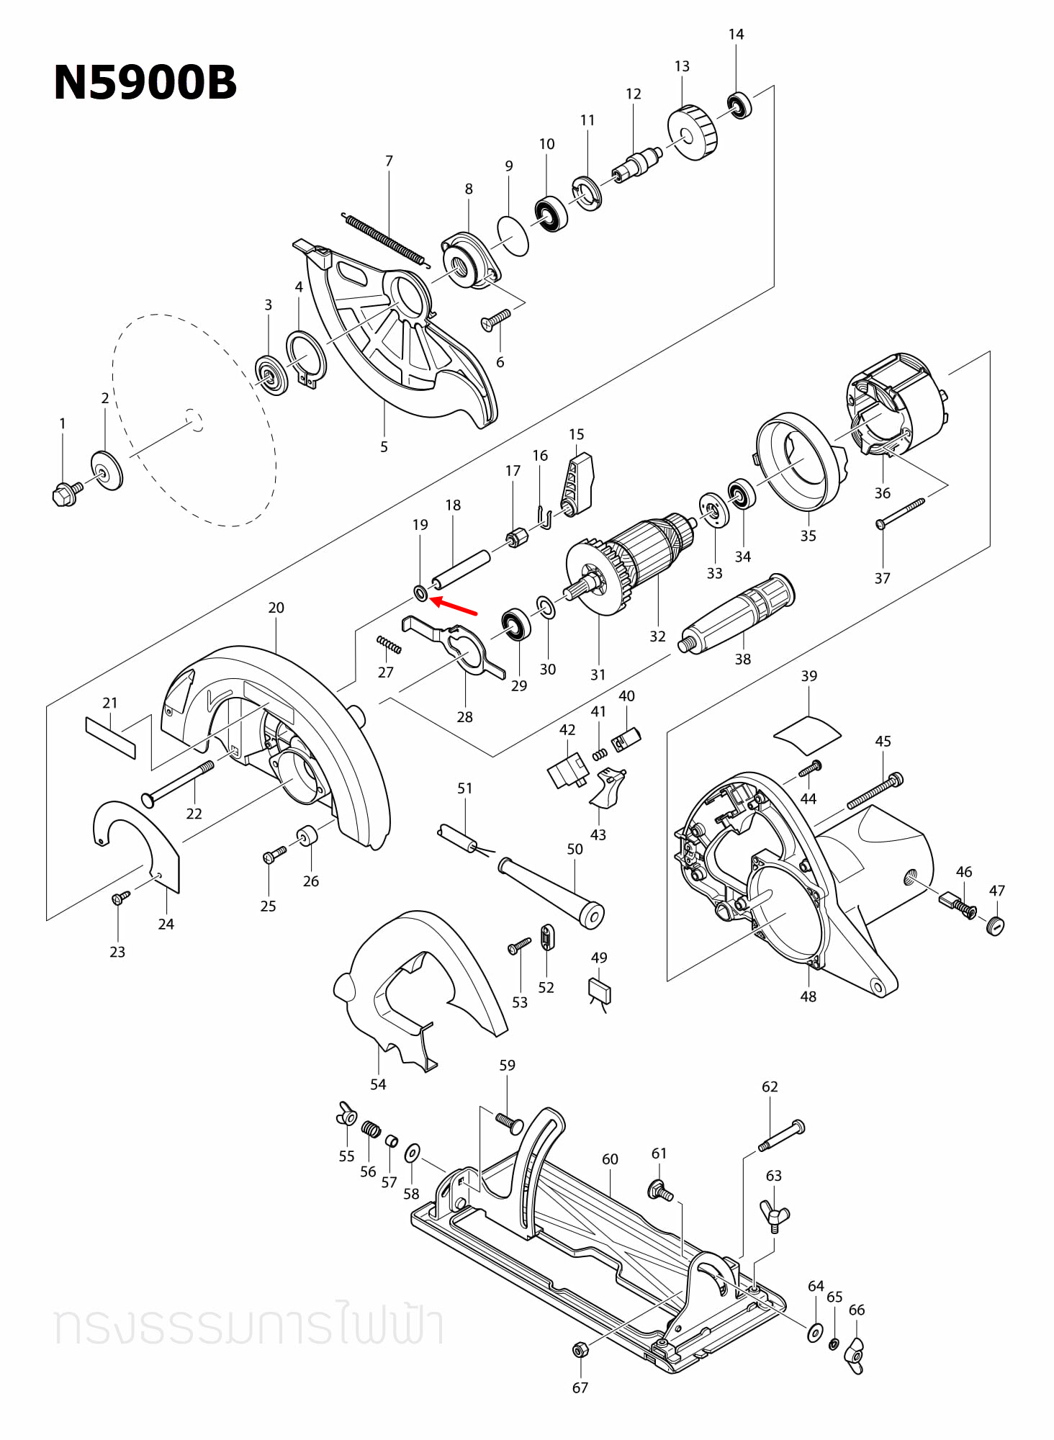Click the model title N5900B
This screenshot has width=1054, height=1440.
point(145,83)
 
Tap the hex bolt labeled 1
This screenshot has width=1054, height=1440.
point(66,494)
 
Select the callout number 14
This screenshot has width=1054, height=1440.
point(736,35)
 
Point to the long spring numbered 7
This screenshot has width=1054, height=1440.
point(384,237)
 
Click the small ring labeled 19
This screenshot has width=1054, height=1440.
point(420,593)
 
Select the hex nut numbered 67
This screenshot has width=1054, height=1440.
point(579,1349)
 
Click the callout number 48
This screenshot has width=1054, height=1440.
point(808,996)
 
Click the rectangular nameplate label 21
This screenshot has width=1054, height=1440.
point(110,737)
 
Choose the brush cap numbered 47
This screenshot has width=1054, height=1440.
point(996,925)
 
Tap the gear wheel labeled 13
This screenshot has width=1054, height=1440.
point(693,133)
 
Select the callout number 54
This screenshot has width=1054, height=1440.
point(378,1084)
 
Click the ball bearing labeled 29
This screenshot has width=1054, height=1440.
point(516,624)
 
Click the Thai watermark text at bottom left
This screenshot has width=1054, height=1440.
point(248,1326)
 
